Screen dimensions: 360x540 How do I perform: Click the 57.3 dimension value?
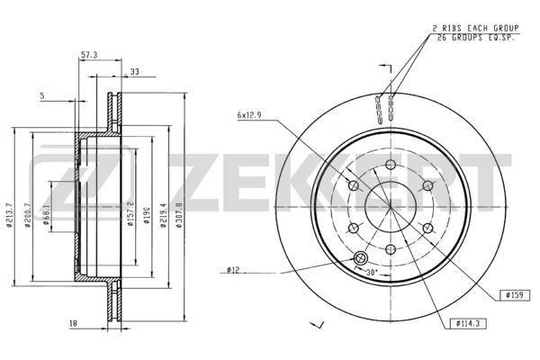[88, 56]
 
